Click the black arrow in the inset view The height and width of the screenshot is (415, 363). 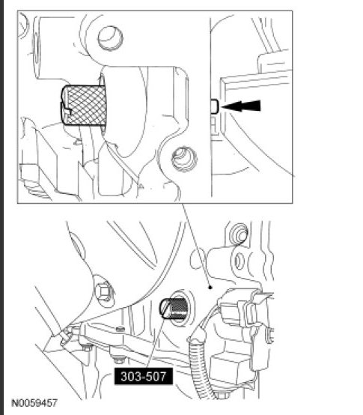[243, 107]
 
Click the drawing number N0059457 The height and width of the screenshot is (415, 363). [36, 403]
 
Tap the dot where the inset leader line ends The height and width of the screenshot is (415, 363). [211, 286]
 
